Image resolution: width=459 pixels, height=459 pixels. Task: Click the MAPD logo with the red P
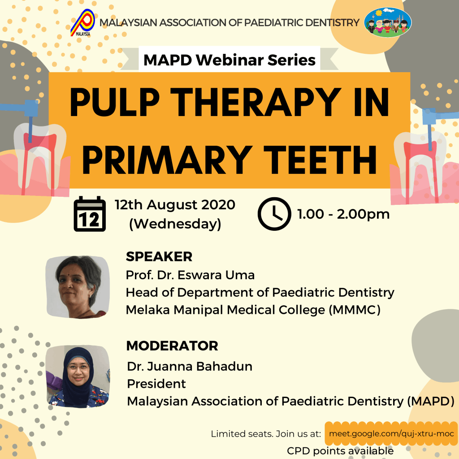(x=83, y=23)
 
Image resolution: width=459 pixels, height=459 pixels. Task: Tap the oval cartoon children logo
(x=388, y=22)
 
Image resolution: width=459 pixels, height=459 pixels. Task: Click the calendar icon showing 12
(x=90, y=214)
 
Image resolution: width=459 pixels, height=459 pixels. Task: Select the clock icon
(x=274, y=214)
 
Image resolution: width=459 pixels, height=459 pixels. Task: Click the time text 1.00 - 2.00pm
(x=343, y=214)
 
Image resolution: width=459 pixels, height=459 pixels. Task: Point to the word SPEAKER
(x=159, y=257)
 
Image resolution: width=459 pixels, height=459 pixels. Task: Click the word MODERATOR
(x=172, y=346)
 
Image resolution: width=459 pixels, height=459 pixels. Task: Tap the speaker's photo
(x=78, y=287)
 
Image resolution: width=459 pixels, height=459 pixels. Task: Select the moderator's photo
(x=78, y=377)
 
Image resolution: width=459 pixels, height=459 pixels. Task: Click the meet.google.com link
(x=391, y=433)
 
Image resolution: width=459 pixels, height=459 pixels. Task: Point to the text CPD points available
(x=340, y=451)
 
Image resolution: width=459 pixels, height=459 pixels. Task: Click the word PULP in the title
(x=114, y=103)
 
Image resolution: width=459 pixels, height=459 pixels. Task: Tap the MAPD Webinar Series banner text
(x=229, y=60)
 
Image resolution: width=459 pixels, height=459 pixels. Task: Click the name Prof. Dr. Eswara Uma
(x=190, y=275)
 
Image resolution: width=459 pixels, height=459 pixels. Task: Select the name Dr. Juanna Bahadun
(x=190, y=367)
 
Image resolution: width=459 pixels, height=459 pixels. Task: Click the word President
(x=156, y=384)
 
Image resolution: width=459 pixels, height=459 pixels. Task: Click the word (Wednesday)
(x=175, y=224)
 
